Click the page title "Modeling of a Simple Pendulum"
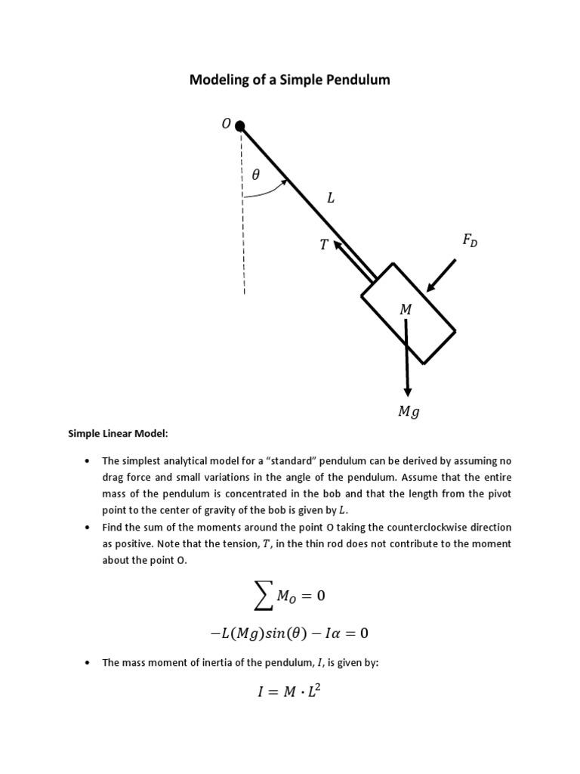pos(289,79)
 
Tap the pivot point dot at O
pos(240,125)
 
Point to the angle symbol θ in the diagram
pos(255,175)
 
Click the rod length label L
pos(330,199)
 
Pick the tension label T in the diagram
pos(322,245)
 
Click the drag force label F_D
pos(470,241)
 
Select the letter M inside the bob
pos(406,309)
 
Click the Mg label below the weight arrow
pos(408,413)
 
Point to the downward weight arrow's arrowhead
pos(408,391)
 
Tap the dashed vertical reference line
pos(243,227)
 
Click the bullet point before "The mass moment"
pos(88,663)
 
